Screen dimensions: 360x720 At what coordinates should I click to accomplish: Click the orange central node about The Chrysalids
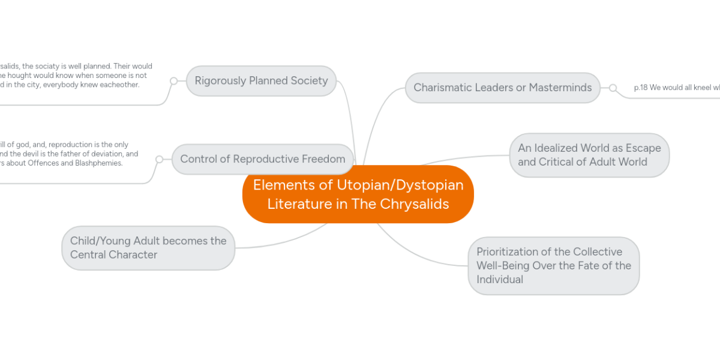(x=358, y=194)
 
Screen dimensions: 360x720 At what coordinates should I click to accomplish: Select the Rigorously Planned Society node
(x=261, y=80)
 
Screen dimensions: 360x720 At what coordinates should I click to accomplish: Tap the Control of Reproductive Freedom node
(x=262, y=159)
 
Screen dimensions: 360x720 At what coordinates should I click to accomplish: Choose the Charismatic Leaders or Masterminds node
(x=502, y=88)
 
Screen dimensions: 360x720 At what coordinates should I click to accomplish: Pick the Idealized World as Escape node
(x=589, y=155)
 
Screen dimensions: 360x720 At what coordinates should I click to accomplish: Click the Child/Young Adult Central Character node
(x=148, y=248)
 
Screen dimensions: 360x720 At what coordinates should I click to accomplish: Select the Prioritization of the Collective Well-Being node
(x=553, y=265)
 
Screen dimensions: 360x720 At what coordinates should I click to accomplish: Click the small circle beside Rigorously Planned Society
(x=173, y=80)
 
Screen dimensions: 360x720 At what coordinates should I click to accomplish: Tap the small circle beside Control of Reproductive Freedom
(x=159, y=159)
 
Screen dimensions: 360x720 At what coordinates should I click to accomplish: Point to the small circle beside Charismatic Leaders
(x=613, y=88)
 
